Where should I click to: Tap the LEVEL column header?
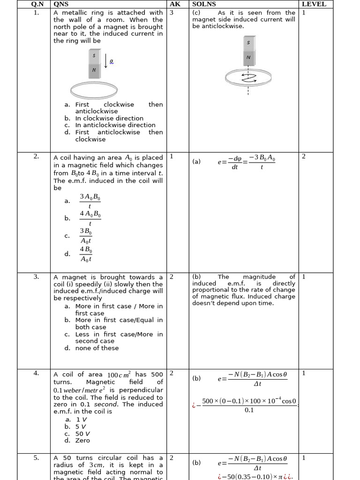click(314, 4)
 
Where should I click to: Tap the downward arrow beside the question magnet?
click(106, 61)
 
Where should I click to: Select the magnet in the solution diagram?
click(248, 51)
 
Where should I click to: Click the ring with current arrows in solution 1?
click(248, 77)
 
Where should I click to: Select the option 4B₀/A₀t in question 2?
click(86, 254)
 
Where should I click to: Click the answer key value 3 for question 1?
click(172, 13)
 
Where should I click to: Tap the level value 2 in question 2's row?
click(304, 157)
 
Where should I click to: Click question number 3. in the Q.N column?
click(36, 277)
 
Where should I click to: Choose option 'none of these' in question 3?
click(97, 348)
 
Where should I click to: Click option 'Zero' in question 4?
click(82, 441)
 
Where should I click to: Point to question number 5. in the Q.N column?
click(36, 458)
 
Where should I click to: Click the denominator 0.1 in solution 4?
click(249, 410)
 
